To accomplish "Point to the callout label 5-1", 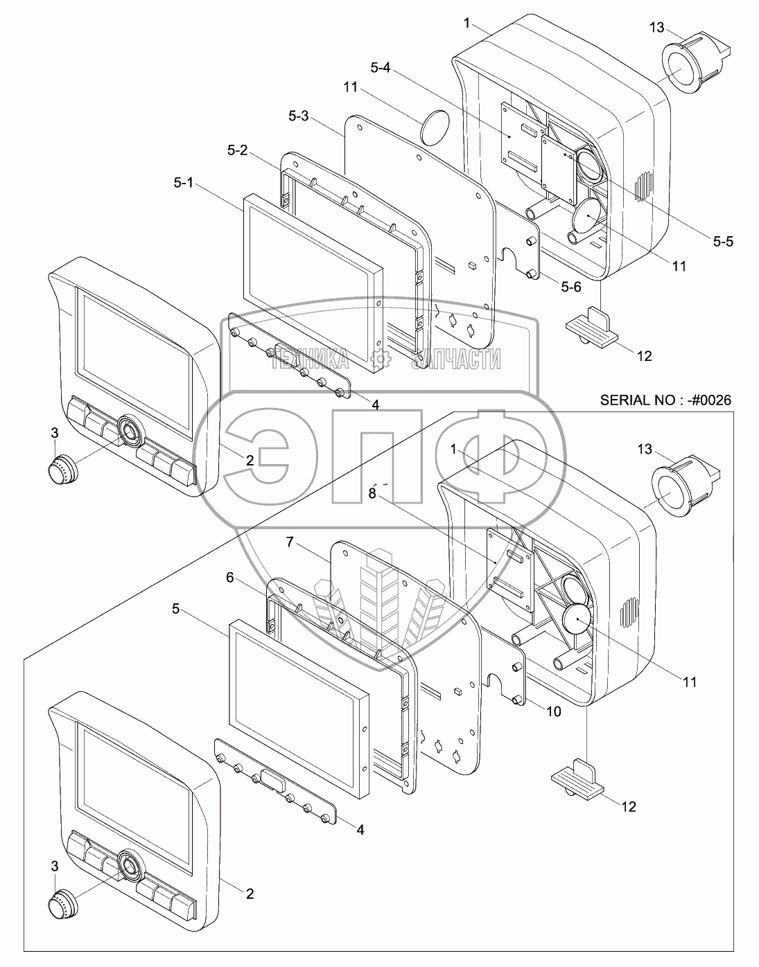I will [x=184, y=184].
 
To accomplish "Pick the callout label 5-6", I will [x=571, y=287].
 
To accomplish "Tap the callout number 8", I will [x=372, y=494].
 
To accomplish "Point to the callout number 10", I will [x=552, y=711].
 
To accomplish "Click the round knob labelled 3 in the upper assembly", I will [x=60, y=469].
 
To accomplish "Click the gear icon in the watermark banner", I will [x=379, y=358].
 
